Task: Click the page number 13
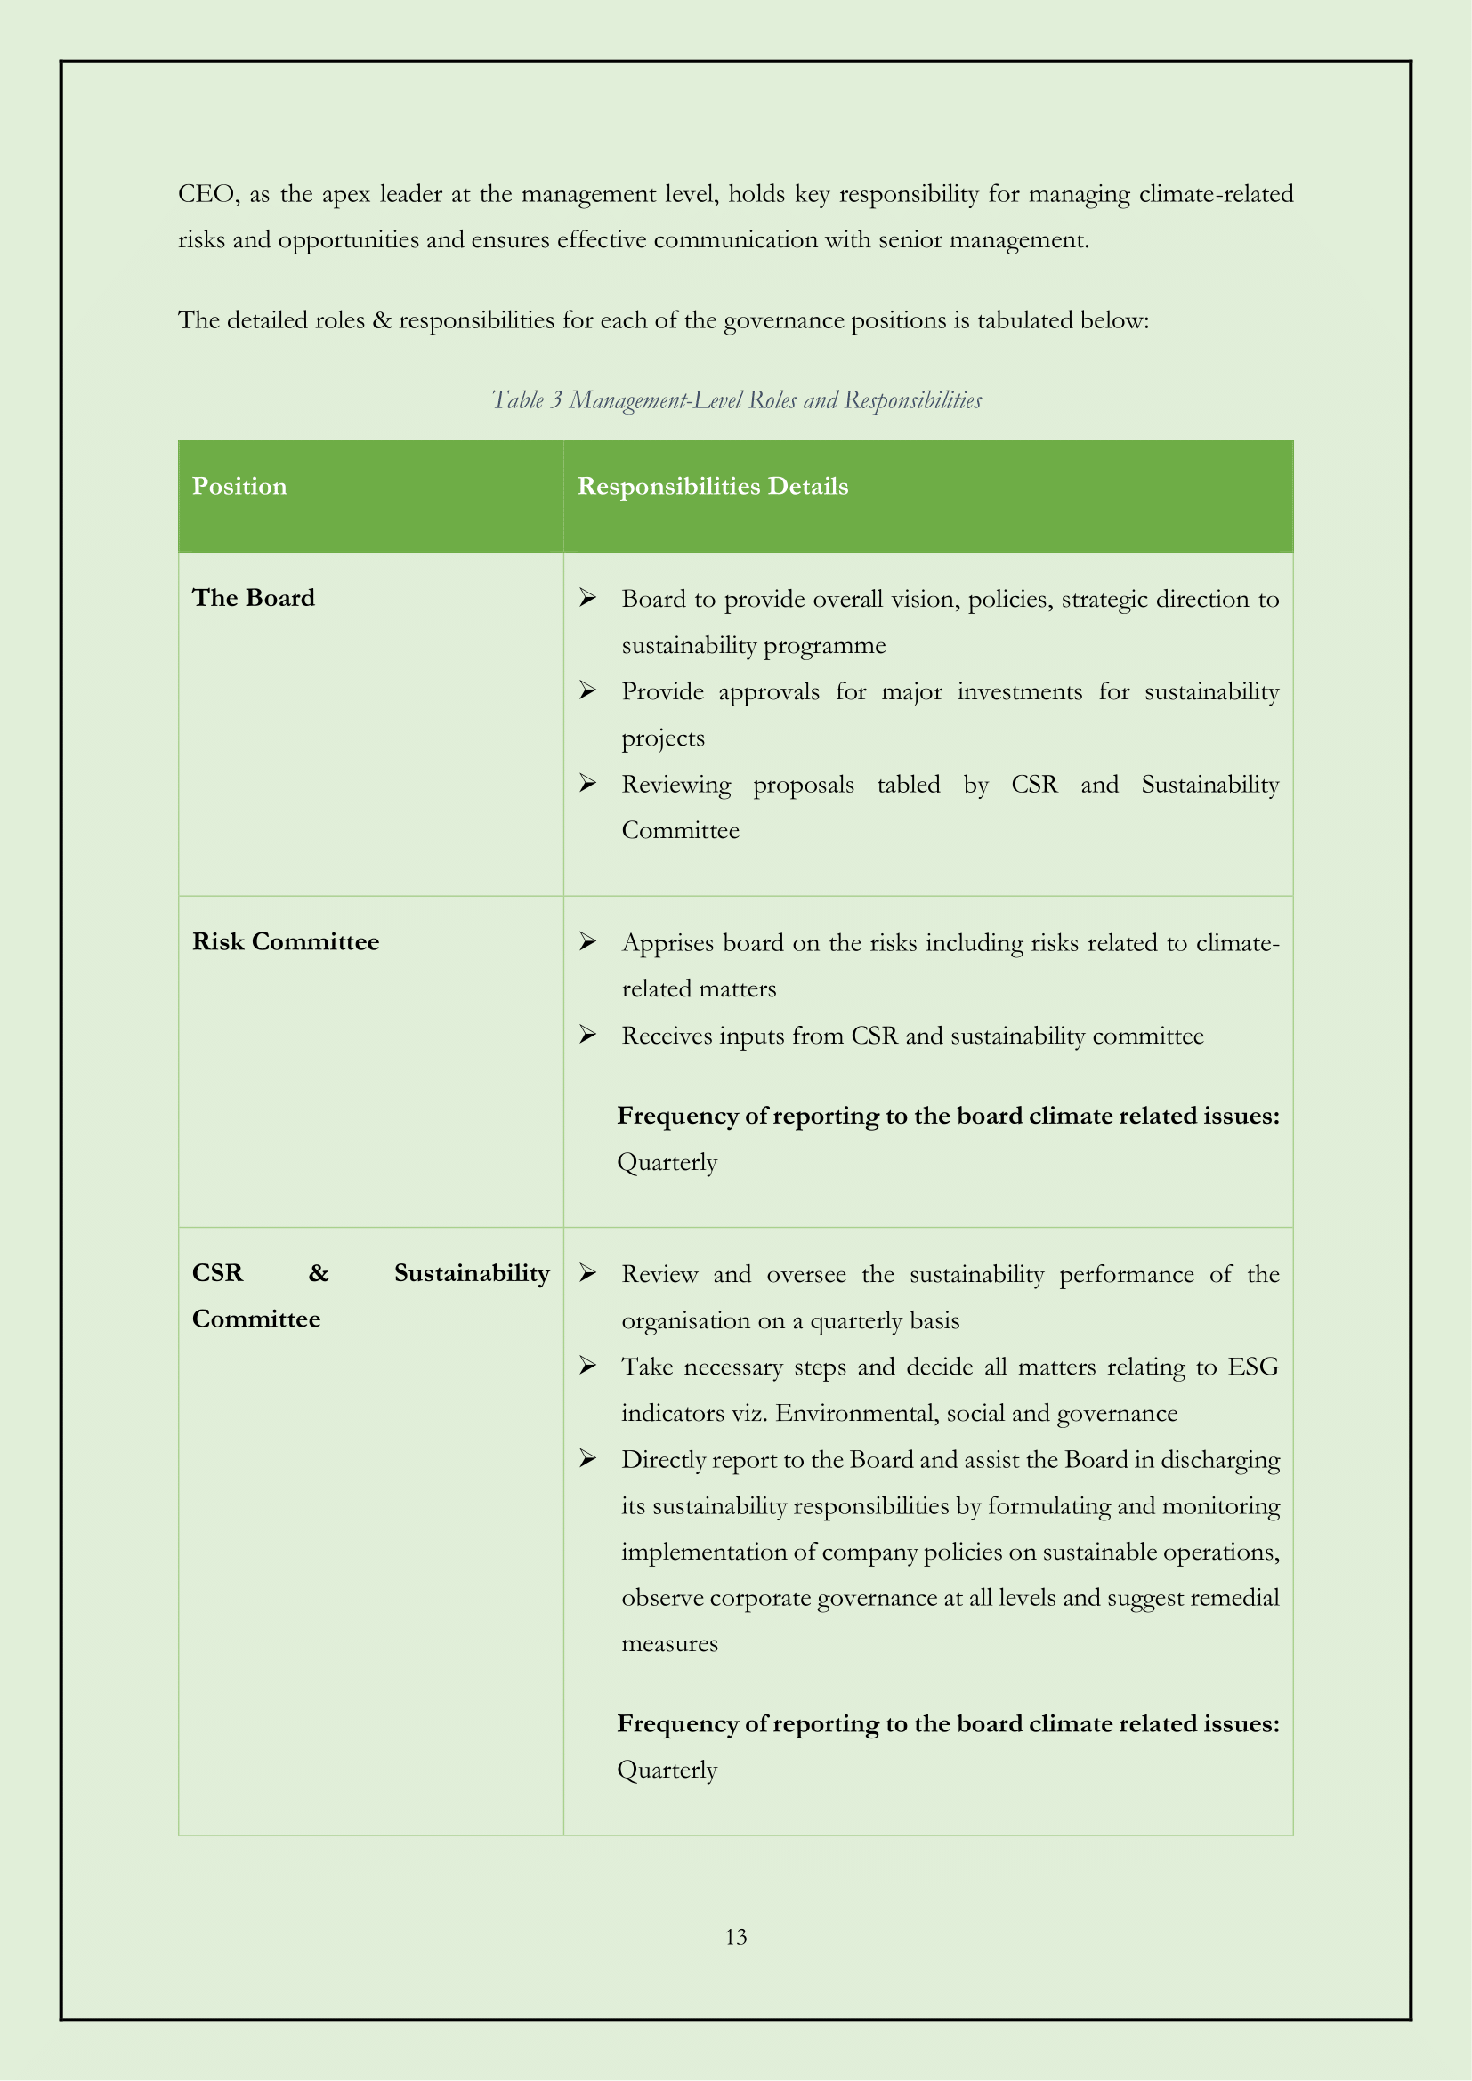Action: point(735,1937)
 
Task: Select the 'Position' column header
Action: point(239,486)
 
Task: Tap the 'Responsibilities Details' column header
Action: point(713,486)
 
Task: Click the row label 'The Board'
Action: point(253,597)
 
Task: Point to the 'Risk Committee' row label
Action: point(286,941)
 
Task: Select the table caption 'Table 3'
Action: point(527,399)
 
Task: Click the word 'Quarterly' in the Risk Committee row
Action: point(667,1162)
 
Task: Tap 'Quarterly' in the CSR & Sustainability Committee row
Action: point(667,1770)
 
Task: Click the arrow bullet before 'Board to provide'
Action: point(587,597)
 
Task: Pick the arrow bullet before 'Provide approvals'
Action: point(587,690)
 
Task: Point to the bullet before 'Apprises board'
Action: point(587,941)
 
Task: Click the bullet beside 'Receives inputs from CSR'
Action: point(587,1034)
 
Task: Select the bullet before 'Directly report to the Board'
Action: point(587,1458)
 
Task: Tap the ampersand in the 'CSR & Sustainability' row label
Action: point(318,1273)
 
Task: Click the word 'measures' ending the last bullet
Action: point(669,1643)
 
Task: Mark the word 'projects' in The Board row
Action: point(663,738)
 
